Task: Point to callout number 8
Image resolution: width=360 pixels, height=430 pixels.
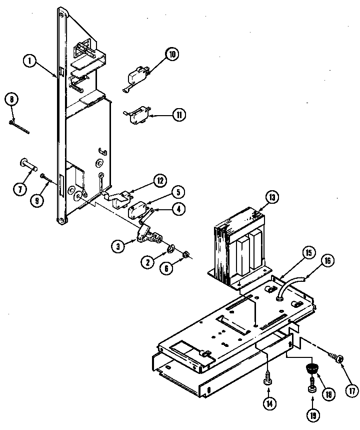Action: click(x=10, y=99)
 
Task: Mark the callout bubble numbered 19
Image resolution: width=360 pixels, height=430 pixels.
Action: click(x=313, y=414)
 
